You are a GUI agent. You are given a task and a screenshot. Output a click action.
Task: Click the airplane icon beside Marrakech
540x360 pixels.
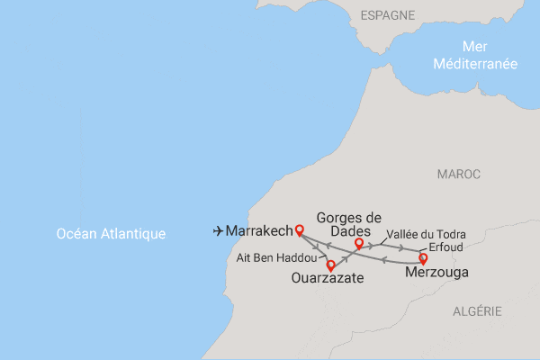(218, 231)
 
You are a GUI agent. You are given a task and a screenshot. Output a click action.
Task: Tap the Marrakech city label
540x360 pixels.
(259, 231)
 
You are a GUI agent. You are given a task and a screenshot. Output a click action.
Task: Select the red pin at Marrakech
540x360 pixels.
(300, 229)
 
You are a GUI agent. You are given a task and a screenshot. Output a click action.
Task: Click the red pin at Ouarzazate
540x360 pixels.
(331, 265)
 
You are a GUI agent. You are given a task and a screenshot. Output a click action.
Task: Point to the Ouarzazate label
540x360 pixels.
(328, 279)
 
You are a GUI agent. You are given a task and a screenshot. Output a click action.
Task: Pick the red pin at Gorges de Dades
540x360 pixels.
(359, 243)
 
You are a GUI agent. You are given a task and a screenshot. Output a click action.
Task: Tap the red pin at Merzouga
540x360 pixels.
(424, 258)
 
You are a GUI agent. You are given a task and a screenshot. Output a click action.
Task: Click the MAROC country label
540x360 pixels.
(458, 174)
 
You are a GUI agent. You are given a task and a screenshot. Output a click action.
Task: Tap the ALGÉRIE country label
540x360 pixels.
(478, 310)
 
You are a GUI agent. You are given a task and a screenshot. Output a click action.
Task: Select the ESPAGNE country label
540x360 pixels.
(387, 15)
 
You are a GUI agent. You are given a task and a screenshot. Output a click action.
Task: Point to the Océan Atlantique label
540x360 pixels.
(111, 234)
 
